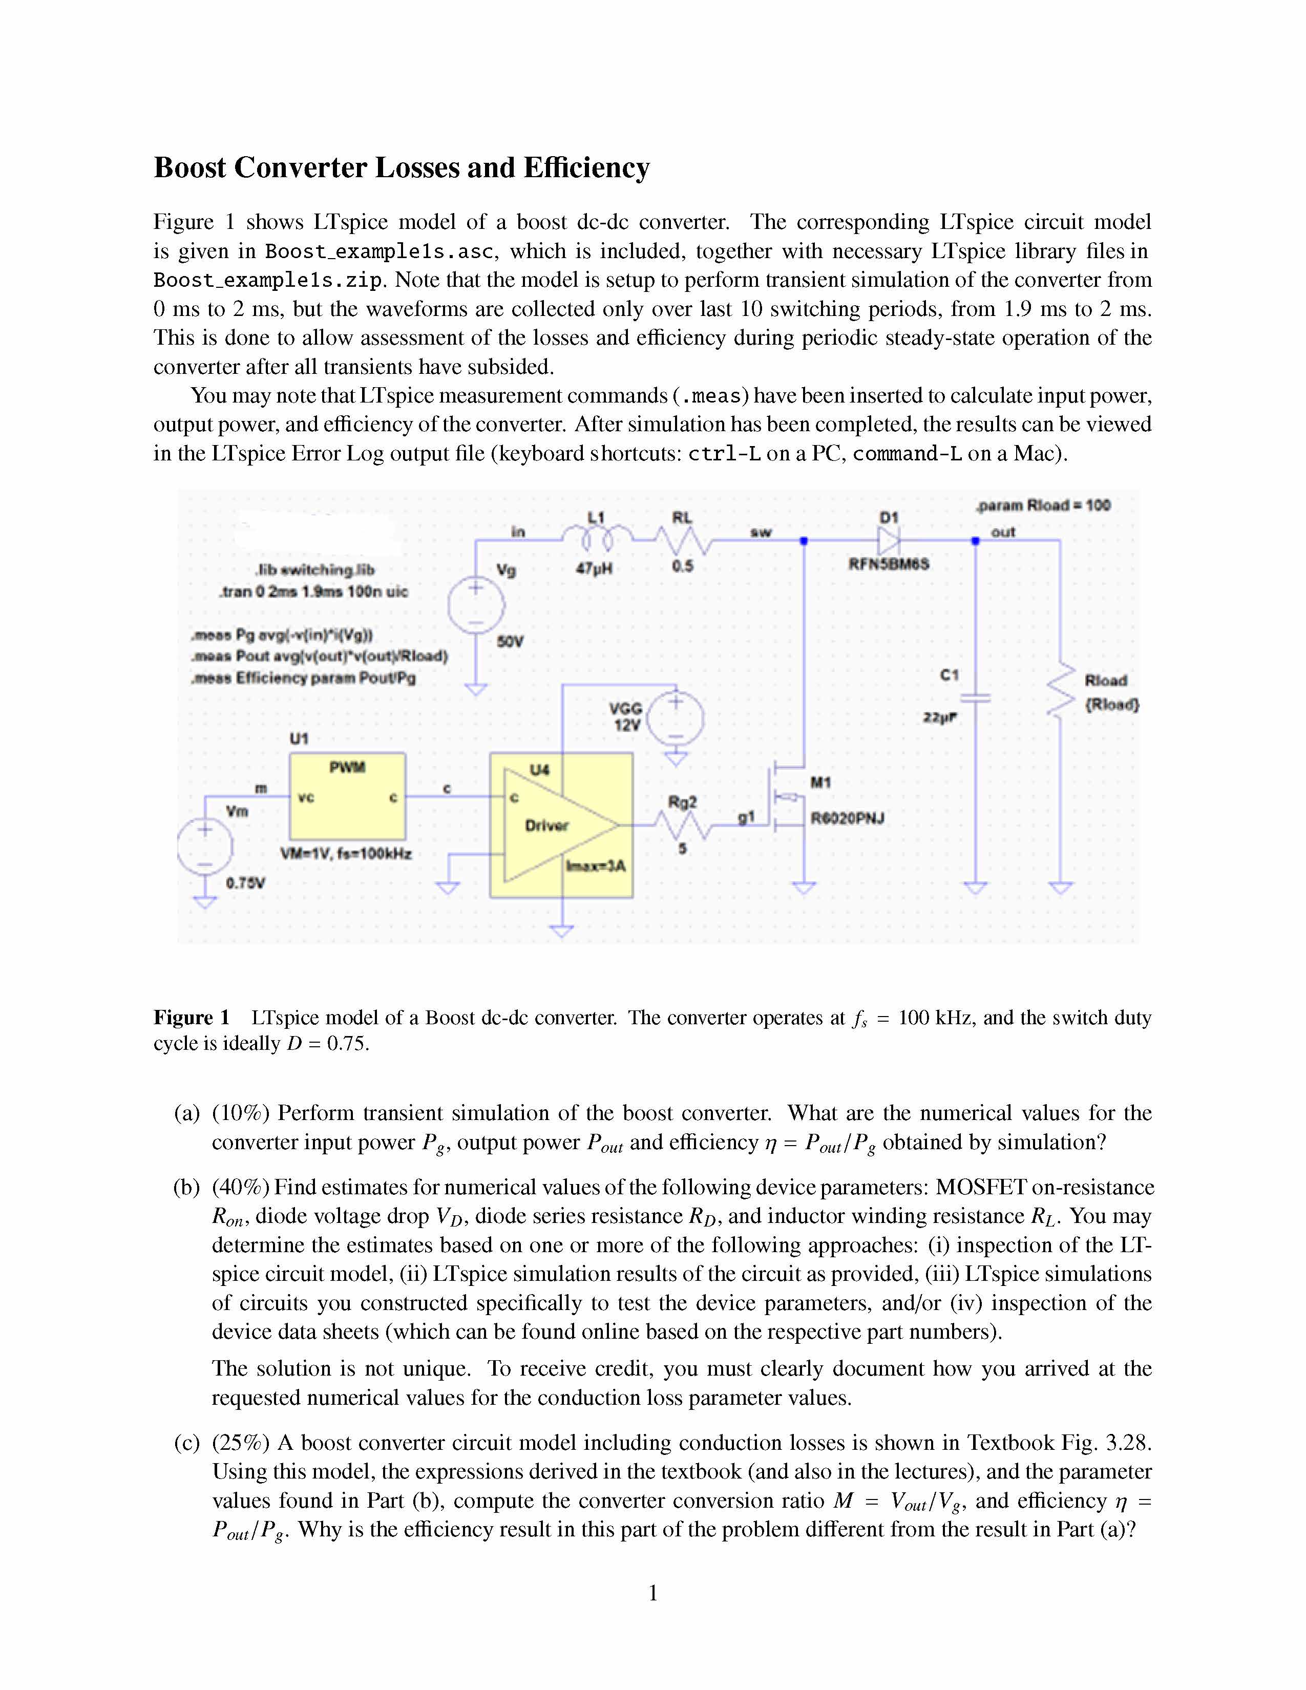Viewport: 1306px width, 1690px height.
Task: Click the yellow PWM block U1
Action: tap(347, 796)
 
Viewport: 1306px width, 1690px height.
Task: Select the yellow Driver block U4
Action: tap(561, 825)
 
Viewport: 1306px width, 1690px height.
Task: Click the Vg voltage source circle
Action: tap(476, 605)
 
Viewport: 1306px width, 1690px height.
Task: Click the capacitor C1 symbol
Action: tap(976, 698)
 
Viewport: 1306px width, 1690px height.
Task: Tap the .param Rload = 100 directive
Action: tap(1043, 505)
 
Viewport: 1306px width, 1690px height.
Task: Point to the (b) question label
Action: tap(186, 1187)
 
